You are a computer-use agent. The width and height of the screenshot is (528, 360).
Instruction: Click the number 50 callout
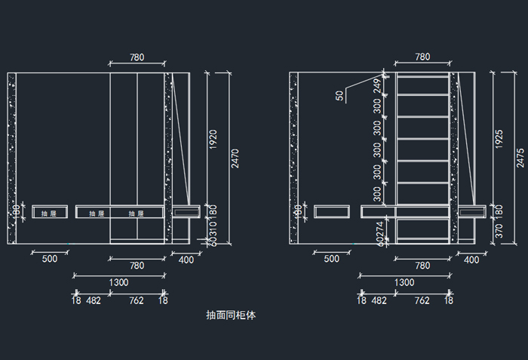click(x=340, y=96)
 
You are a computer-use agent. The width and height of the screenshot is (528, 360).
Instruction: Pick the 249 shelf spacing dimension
click(x=376, y=86)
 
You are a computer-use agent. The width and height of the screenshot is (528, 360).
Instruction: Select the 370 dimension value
click(x=499, y=232)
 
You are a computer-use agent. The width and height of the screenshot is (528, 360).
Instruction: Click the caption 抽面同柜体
click(x=231, y=315)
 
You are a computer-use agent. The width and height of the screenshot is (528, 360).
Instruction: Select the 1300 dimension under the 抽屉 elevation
click(x=118, y=282)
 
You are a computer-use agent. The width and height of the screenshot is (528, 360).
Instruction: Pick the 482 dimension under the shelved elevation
click(x=379, y=300)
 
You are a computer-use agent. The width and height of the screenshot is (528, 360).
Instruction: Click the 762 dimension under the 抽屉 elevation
click(x=136, y=300)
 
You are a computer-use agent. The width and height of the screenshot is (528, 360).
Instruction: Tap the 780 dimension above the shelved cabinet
click(x=422, y=57)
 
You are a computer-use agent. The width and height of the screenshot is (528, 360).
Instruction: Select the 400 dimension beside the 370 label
click(x=471, y=260)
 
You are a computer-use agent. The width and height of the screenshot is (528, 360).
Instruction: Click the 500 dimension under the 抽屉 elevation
click(x=50, y=260)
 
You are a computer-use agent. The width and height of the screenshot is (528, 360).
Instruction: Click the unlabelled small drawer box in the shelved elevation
click(x=332, y=211)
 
